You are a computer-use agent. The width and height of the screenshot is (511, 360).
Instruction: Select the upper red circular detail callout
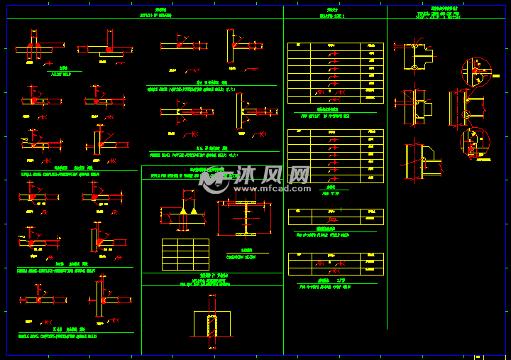[x=476, y=71]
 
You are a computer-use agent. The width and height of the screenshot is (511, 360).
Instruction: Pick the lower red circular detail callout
[x=474, y=141]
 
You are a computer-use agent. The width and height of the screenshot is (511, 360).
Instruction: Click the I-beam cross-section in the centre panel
[x=245, y=218]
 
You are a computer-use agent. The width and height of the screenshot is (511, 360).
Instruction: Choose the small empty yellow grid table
[x=185, y=254]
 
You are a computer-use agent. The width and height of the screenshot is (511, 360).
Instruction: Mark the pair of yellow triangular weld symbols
[x=188, y=211]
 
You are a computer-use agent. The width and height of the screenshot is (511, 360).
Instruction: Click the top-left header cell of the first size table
[x=298, y=45]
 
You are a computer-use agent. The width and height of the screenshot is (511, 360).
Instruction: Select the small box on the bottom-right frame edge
[x=478, y=356]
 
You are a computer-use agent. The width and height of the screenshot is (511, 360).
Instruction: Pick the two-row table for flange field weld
[x=335, y=217]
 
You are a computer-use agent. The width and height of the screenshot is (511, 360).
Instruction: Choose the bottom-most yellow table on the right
[x=335, y=264]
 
